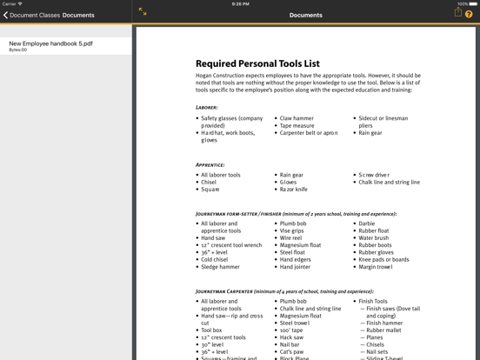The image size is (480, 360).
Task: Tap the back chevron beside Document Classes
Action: (x=5, y=15)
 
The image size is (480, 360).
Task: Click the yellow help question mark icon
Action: (x=469, y=14)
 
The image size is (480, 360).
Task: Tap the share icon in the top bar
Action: (x=457, y=13)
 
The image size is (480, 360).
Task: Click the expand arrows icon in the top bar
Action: (x=143, y=12)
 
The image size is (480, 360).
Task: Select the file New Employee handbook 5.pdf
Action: (x=50, y=43)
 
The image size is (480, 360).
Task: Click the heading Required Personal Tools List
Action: (x=257, y=63)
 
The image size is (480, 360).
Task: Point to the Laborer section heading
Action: (x=207, y=108)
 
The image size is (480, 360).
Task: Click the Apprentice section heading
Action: (x=210, y=164)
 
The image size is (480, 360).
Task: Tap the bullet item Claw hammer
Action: (x=297, y=118)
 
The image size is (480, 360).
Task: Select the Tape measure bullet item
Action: (x=297, y=125)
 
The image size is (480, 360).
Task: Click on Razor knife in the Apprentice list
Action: (x=293, y=189)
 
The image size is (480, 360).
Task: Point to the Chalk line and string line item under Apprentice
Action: (x=389, y=183)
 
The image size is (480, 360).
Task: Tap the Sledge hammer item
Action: (x=220, y=267)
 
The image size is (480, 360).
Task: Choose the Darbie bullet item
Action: (x=367, y=223)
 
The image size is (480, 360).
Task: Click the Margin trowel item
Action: (x=376, y=267)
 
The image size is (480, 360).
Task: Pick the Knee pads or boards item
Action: (x=383, y=259)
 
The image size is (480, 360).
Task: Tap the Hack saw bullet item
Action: (x=292, y=337)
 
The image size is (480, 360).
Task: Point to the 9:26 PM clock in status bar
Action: (x=240, y=3)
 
